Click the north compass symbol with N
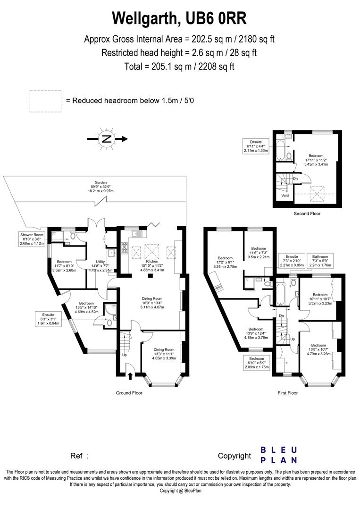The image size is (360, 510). click(x=107, y=139)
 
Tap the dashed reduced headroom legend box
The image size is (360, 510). click(x=46, y=101)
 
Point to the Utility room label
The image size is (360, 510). click(x=100, y=265)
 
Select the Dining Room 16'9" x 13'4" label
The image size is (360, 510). click(x=152, y=302)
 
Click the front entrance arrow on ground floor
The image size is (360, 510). click(x=130, y=376)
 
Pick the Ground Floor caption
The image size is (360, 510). click(x=129, y=393)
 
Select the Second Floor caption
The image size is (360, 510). click(x=307, y=214)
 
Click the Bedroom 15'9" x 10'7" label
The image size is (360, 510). click(x=318, y=349)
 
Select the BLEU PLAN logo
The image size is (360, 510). click(x=279, y=455)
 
